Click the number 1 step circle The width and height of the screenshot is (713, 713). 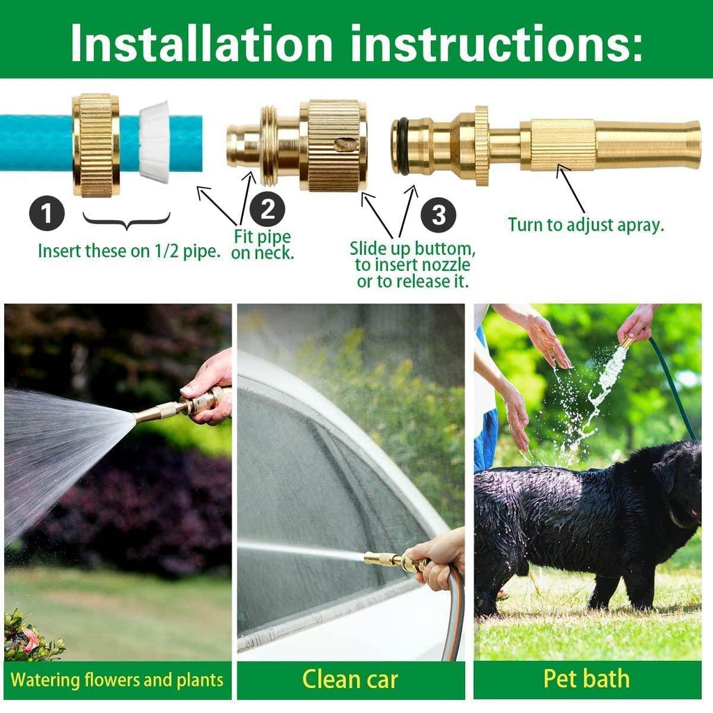coord(47,214)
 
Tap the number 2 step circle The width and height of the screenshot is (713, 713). coord(267,210)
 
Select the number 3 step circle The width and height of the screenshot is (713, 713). coord(438,214)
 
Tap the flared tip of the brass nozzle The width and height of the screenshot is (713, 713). coord(689,145)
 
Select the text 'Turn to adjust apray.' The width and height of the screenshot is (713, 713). coord(586,225)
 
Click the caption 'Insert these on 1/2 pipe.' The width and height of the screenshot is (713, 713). coord(130,251)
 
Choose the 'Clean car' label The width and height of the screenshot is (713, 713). coord(350,679)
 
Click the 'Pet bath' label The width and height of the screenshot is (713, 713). coord(586,679)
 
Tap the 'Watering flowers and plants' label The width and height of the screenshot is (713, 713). coord(117,680)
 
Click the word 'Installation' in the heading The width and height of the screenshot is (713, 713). coord(202,43)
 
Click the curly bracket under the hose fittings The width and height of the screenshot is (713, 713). coord(126,221)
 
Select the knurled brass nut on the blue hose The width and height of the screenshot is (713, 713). coord(96,145)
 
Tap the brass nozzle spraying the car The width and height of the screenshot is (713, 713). coord(383,558)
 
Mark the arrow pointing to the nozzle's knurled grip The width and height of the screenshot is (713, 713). coord(571,188)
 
